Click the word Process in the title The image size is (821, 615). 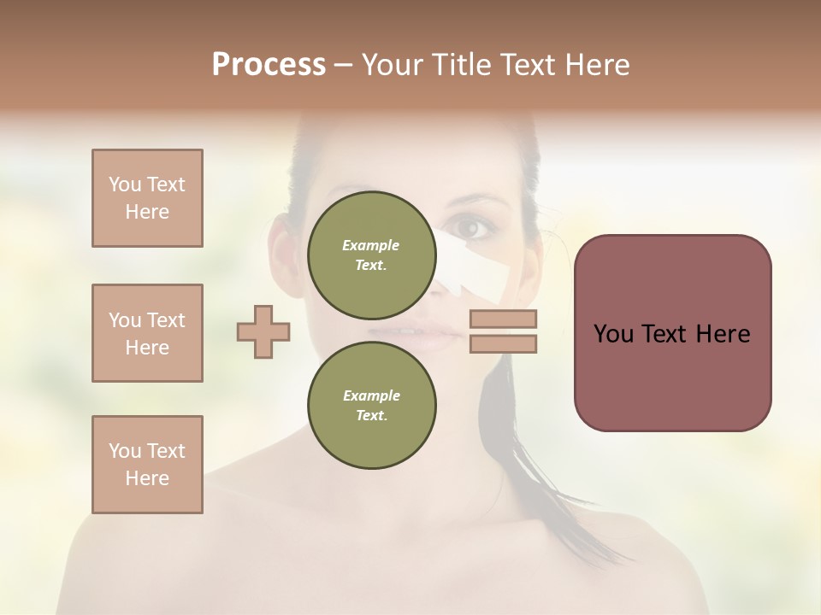pos(269,65)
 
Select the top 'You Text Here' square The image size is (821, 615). pos(147,198)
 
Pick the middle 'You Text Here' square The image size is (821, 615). pos(147,333)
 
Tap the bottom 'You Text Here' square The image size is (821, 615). pos(147,465)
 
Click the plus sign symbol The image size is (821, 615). pos(263,331)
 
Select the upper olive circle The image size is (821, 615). pos(371,255)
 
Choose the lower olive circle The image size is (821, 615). pos(371,405)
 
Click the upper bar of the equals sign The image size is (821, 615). pos(503,319)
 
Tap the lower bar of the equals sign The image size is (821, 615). pos(503,343)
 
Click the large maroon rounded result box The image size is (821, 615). pos(672,333)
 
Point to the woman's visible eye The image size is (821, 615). pos(473,228)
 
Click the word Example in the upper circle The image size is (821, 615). pos(371,245)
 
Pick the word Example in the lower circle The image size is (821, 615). pos(371,395)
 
